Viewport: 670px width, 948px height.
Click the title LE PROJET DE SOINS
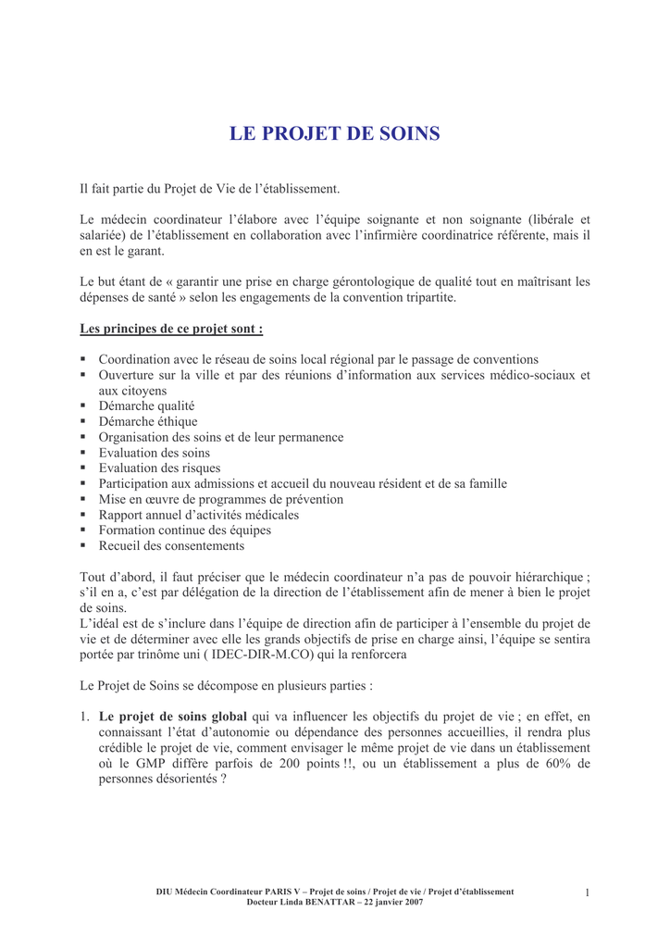coord(335,134)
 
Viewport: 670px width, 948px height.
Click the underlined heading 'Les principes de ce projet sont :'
coord(171,329)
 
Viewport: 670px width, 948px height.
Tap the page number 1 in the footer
coord(587,892)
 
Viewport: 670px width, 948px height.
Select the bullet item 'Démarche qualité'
coord(146,405)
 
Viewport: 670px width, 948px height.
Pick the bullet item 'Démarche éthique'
coord(148,421)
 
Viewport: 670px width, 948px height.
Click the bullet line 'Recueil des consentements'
coord(171,546)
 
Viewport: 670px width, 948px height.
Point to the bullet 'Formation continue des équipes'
coord(184,530)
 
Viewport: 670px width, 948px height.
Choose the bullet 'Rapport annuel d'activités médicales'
coord(198,515)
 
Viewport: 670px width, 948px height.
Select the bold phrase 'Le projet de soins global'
coord(173,716)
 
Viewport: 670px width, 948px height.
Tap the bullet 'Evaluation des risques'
coord(159,468)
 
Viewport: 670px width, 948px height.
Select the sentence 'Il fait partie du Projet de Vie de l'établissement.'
coord(210,189)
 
